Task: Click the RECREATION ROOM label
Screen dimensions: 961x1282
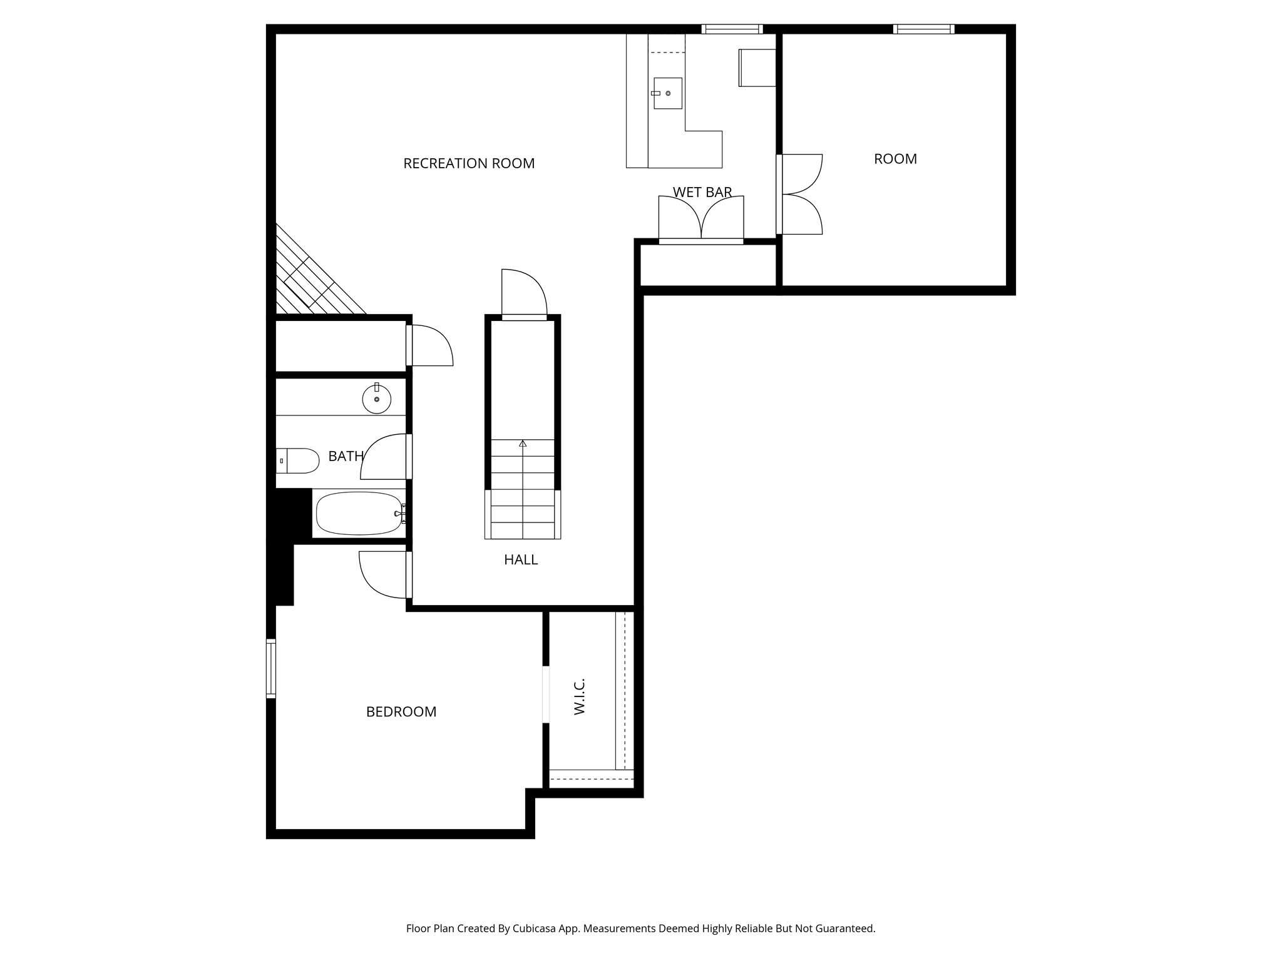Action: pos(469,164)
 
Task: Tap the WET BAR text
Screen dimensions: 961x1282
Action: pos(702,192)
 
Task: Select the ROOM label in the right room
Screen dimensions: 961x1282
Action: pos(895,159)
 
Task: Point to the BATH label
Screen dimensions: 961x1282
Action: pos(346,457)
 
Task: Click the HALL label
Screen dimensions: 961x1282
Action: pos(521,560)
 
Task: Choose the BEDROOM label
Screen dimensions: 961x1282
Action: pos(401,712)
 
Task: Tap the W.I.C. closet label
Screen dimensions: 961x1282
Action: pos(579,696)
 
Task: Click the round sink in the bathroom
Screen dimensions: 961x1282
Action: pos(376,399)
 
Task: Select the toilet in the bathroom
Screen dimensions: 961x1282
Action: pos(299,460)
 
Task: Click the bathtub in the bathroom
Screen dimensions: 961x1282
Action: pos(359,514)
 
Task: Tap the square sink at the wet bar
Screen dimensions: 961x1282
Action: pos(667,93)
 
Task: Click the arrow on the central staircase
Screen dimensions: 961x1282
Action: pos(523,444)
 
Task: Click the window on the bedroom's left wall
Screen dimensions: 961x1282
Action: pos(271,668)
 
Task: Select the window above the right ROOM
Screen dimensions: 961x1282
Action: pos(923,29)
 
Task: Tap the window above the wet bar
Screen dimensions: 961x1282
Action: pos(732,29)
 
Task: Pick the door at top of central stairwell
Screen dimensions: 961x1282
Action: pos(525,294)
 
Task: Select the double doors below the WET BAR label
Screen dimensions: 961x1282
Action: pos(701,219)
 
